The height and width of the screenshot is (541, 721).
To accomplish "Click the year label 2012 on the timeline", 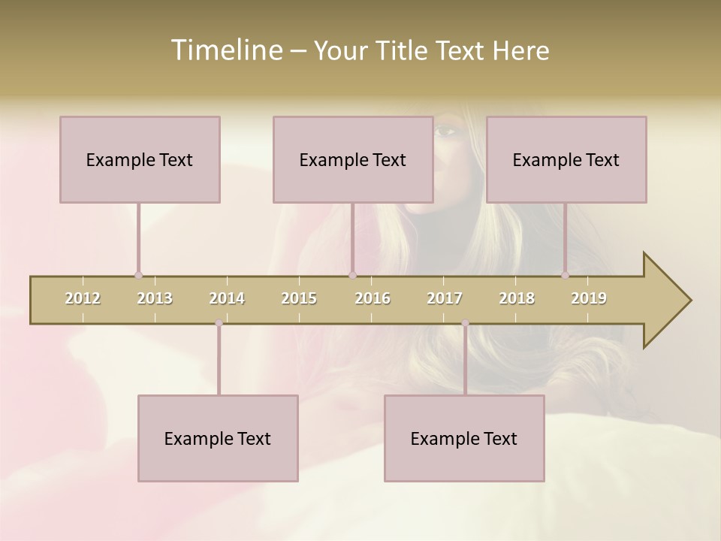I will tap(83, 298).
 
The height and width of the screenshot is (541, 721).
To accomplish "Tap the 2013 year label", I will tap(155, 298).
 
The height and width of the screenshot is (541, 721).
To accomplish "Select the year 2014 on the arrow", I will tap(227, 298).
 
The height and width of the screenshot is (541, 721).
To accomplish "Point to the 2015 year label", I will tap(299, 298).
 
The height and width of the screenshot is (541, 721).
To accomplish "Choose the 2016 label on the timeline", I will tap(373, 298).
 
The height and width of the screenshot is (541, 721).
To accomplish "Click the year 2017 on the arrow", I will tap(445, 298).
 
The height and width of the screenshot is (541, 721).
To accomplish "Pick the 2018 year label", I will tap(517, 298).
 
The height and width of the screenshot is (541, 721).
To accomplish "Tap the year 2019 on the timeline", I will tap(589, 298).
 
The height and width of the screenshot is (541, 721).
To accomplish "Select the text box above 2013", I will tap(140, 159).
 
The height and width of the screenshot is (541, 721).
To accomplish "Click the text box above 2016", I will tap(353, 159).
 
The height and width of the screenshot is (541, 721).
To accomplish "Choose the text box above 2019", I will tap(566, 159).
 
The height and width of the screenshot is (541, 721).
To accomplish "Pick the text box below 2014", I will tap(218, 438).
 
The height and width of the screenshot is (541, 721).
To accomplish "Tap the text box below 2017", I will tap(464, 438).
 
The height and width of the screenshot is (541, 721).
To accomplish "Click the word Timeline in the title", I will tap(225, 50).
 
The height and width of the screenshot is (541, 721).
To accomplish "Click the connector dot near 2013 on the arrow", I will tap(138, 276).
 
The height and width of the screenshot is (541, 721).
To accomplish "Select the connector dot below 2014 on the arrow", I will tap(219, 323).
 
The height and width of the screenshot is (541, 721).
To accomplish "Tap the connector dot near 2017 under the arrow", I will tap(465, 323).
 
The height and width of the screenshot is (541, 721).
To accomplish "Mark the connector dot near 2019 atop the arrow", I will tap(565, 276).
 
